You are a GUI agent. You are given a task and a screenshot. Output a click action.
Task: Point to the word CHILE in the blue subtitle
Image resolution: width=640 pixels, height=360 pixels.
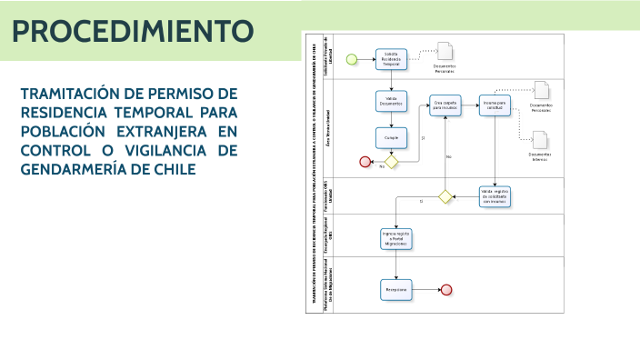[172, 169]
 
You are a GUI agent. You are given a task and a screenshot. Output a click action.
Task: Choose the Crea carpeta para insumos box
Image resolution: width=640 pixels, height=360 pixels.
[445, 105]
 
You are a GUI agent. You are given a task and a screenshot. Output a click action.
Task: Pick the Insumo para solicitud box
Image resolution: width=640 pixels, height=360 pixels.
[495, 105]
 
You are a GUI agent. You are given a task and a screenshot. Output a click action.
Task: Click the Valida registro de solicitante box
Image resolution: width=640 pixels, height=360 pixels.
[495, 195]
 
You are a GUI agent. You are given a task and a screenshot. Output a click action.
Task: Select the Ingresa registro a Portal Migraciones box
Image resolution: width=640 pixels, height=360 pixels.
[396, 237]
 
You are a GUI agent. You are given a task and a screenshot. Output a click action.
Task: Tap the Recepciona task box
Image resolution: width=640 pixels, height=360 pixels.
[395, 289]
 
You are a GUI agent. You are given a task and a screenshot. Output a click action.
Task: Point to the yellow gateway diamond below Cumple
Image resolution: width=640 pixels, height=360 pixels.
[392, 162]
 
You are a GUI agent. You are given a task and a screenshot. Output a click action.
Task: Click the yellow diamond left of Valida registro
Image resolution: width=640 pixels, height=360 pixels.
[445, 195]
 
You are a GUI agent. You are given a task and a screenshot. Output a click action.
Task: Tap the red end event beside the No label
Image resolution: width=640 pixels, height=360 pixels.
[365, 162]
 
